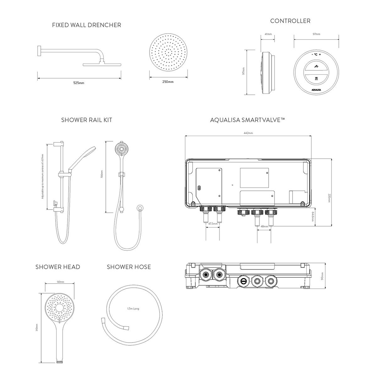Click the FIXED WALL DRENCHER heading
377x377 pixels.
(86, 25)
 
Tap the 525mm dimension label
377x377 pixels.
(79, 83)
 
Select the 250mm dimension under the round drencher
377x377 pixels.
(168, 82)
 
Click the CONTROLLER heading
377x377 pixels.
(290, 21)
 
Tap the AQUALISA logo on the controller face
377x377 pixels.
(316, 90)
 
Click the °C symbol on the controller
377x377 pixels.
(316, 55)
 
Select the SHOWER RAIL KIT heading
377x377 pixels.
(87, 120)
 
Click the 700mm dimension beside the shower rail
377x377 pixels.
(101, 174)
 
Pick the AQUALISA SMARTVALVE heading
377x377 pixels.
(248, 120)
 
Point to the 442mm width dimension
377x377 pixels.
(248, 133)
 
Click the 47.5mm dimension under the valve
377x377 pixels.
(213, 224)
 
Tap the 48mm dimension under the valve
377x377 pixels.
(264, 226)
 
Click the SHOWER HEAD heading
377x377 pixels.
(58, 267)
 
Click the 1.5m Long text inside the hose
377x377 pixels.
(133, 309)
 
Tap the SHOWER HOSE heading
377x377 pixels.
(129, 267)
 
